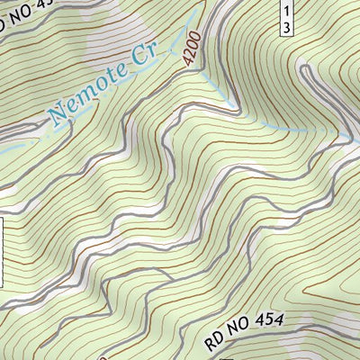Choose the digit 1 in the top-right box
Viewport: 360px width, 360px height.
[284, 10]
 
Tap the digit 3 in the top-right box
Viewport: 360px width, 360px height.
[284, 28]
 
